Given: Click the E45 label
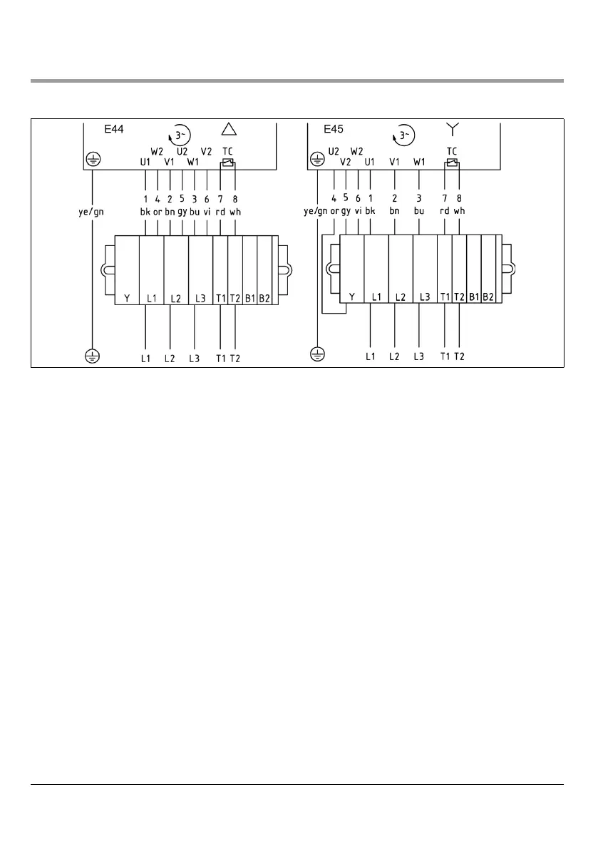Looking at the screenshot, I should (x=334, y=130).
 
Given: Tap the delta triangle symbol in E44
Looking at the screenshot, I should (x=228, y=129).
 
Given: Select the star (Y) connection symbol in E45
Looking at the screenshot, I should (x=451, y=128).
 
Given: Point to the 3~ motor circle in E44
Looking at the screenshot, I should (x=180, y=134).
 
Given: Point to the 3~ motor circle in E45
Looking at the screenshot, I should (x=404, y=134).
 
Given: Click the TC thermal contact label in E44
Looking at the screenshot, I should (x=227, y=151).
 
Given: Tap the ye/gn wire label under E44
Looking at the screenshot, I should (x=92, y=212).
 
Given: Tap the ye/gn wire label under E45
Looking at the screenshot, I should (x=315, y=212).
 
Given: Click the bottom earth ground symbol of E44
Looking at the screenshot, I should (x=92, y=354).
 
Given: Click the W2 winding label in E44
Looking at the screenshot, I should (x=157, y=151).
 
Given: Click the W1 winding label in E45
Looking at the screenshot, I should (x=419, y=162).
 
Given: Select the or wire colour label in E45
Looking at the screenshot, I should (x=334, y=212).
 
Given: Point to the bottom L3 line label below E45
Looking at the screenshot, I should (x=418, y=356).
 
